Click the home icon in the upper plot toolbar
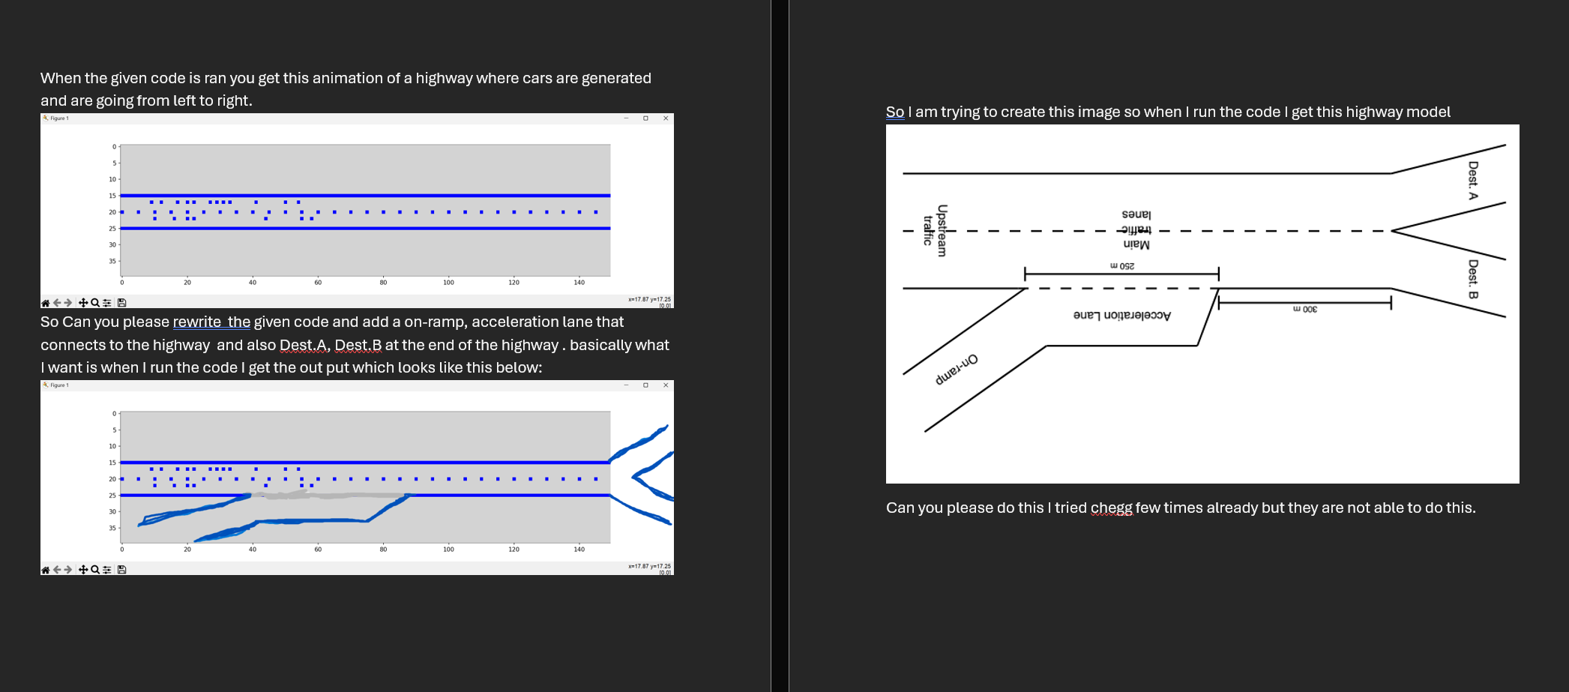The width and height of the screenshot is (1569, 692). [45, 303]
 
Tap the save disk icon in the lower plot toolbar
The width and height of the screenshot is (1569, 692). [122, 570]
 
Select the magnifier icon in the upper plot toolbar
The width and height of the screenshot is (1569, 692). [95, 303]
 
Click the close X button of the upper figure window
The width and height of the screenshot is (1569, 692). [666, 118]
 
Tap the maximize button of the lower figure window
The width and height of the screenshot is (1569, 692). [645, 385]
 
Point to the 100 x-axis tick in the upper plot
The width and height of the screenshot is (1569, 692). [448, 283]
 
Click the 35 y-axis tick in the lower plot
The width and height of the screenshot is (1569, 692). [112, 528]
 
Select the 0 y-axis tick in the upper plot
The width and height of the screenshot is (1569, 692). [114, 147]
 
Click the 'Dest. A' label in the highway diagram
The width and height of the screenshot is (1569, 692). [1473, 181]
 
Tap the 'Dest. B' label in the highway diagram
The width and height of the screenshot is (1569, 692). [1473, 279]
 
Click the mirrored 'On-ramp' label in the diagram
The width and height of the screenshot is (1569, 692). [957, 370]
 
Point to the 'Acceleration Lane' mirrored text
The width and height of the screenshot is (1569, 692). [1122, 316]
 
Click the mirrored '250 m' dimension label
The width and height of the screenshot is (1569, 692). [1122, 266]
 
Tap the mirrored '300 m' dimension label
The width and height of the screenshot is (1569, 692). [1305, 309]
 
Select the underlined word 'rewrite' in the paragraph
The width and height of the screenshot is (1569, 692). [196, 322]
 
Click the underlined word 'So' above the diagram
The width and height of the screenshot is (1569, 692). [895, 112]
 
